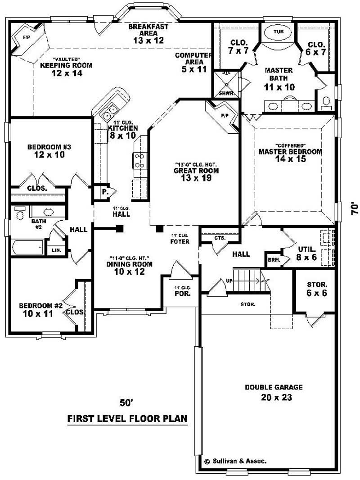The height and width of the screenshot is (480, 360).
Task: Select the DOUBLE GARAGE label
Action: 274,387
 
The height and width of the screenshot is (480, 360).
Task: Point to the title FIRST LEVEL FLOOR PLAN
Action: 127,419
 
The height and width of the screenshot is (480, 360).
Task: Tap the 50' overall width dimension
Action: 126,402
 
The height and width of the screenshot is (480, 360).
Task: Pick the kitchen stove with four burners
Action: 139,160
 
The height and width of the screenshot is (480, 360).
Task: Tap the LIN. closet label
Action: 57,250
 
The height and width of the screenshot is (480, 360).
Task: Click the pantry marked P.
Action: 104,191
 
